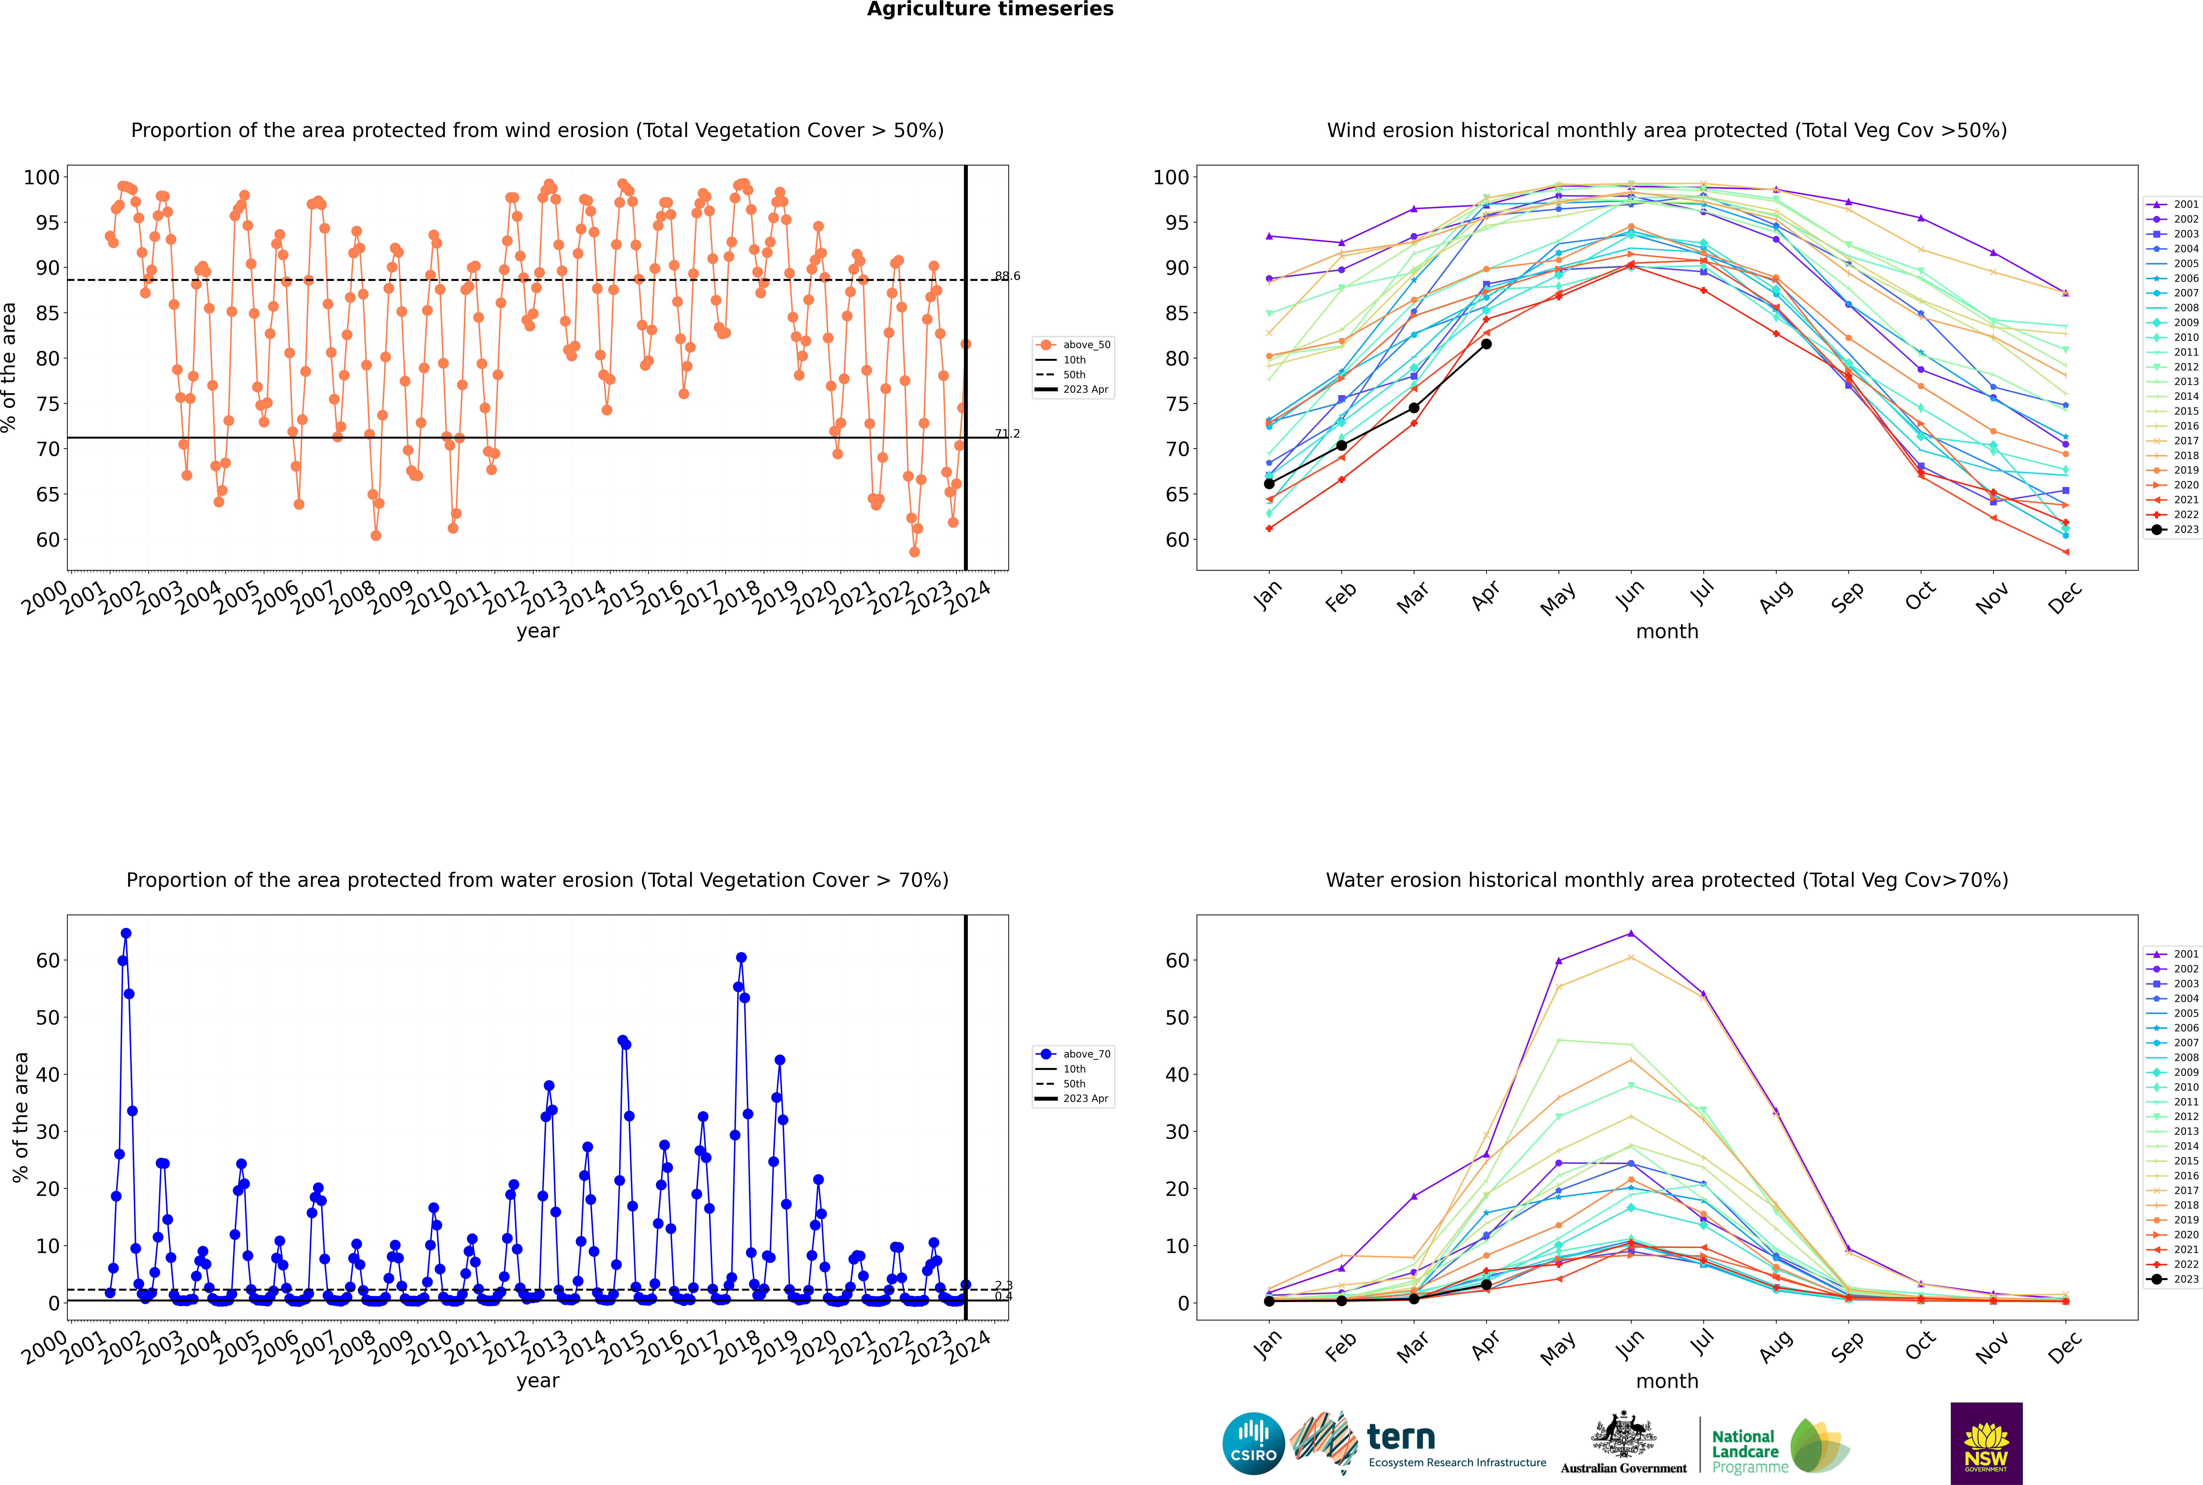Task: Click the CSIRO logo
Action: [1253, 1443]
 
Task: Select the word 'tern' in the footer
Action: [1401, 1438]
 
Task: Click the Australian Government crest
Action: [1623, 1435]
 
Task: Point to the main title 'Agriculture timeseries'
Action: [990, 9]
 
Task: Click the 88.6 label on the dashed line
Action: [1007, 277]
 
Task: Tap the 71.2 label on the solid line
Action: [1007, 434]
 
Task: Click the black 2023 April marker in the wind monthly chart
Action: [1486, 344]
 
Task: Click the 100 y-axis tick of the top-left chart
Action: [42, 177]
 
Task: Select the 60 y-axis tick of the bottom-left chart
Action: [47, 960]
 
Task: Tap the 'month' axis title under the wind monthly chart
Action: [1667, 632]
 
